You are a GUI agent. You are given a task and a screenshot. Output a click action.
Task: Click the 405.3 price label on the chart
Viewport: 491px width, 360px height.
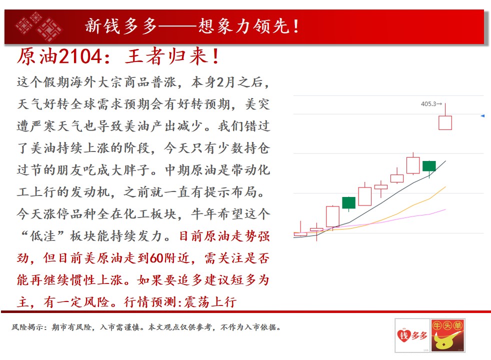(429, 103)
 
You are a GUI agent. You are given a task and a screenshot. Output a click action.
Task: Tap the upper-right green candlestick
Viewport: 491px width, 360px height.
(429, 166)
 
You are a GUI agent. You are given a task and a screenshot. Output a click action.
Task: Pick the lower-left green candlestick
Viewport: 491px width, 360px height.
(348, 202)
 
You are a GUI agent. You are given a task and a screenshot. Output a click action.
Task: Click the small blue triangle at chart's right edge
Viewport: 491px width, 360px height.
(482, 116)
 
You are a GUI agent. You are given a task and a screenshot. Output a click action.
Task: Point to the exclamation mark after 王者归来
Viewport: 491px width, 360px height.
(215, 56)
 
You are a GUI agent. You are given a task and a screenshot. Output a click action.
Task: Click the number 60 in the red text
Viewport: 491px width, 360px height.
(156, 258)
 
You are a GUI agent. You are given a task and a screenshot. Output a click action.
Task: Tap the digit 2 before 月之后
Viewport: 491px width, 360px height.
(220, 82)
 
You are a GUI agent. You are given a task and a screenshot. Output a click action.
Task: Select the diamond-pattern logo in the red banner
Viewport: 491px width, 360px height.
(38, 26)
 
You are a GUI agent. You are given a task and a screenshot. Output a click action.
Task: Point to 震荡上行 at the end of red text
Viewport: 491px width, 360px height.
(210, 302)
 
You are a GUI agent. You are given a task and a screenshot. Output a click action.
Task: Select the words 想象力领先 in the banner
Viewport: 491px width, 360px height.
(244, 26)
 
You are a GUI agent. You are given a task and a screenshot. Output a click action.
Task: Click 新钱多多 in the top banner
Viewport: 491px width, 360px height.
(121, 26)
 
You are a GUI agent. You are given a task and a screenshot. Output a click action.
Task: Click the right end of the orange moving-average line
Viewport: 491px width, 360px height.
(445, 187)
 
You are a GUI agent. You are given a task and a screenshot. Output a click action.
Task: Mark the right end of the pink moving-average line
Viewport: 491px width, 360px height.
(445, 209)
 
